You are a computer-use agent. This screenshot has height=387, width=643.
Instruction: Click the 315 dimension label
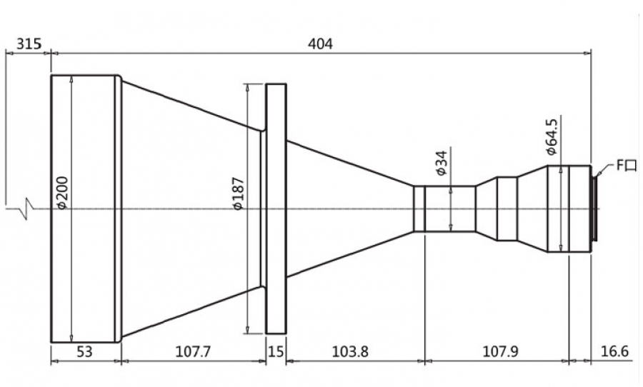[29, 44]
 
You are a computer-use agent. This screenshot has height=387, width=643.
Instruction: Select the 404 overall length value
[320, 44]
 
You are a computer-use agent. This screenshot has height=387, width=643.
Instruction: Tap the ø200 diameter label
[63, 193]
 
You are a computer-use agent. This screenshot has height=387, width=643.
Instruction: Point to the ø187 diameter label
[239, 193]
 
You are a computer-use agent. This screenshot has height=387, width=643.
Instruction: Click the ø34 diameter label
[442, 163]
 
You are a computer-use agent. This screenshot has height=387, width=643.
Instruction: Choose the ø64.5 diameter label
[552, 137]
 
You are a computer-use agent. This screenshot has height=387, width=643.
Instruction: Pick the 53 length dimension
[84, 352]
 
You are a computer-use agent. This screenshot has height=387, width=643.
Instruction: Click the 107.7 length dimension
[193, 352]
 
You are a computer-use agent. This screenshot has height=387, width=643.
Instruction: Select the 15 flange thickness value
[276, 352]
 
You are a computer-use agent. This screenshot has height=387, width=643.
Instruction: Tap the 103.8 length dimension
[350, 352]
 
